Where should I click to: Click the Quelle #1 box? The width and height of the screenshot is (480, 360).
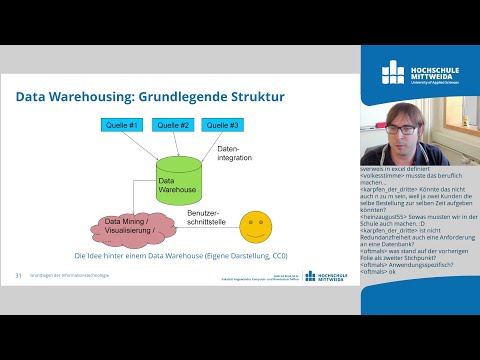120,125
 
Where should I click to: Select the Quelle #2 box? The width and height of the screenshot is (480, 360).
173,125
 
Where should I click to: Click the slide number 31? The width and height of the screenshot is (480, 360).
18,275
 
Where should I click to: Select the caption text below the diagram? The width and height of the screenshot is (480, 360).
179,257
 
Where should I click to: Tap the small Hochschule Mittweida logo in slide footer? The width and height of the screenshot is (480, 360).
322,276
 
